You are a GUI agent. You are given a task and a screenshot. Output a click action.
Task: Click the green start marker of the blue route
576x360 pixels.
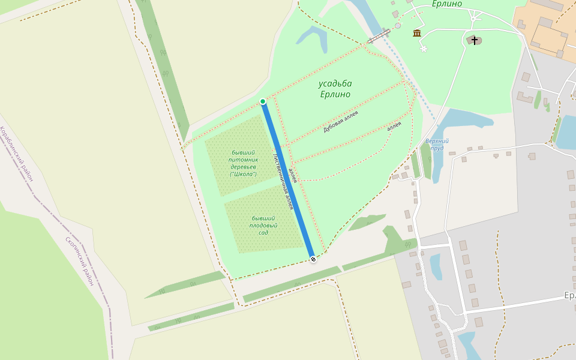(x=263, y=101)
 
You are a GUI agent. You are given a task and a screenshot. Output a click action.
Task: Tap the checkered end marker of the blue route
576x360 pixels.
(x=313, y=259)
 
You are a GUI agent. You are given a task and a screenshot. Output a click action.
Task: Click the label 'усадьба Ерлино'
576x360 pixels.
(x=335, y=89)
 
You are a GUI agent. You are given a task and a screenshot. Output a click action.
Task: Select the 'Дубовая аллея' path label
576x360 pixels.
(x=340, y=122)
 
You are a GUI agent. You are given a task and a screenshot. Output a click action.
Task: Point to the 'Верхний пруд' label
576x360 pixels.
(x=437, y=144)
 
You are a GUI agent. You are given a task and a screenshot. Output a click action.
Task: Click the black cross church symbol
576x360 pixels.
(x=475, y=40)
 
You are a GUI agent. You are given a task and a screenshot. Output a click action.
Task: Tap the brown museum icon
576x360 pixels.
(x=417, y=33)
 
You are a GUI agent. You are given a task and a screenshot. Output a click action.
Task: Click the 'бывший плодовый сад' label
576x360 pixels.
(x=263, y=225)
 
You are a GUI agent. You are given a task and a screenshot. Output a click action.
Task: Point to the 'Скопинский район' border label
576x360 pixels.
(x=80, y=261)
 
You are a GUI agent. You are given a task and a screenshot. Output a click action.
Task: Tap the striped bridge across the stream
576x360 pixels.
(x=379, y=37)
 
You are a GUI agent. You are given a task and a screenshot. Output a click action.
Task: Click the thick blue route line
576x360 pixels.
(x=288, y=180)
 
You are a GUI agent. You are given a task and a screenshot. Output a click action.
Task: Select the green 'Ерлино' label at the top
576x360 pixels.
(x=447, y=4)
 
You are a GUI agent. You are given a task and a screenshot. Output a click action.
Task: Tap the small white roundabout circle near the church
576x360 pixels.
(x=473, y=19)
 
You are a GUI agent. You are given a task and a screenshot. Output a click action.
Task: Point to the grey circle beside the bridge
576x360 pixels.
(x=398, y=26)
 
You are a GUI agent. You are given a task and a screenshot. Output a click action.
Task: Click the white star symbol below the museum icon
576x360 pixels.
(x=424, y=48)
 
